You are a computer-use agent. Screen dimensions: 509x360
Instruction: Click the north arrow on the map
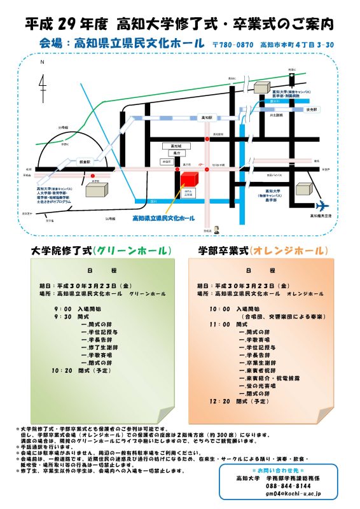tap(42, 83)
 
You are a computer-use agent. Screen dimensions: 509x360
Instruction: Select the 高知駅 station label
tap(206, 118)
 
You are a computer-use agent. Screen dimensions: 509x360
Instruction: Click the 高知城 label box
tap(168, 145)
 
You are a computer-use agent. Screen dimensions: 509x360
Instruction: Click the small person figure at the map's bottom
tap(216, 229)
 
